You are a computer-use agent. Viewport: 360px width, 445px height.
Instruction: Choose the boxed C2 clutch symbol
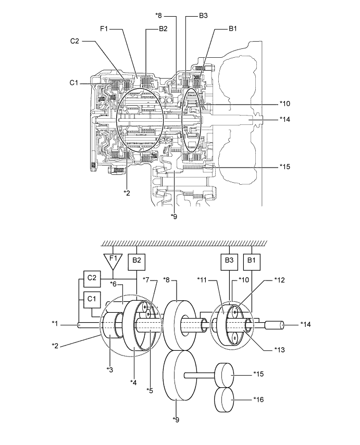coord(91,278)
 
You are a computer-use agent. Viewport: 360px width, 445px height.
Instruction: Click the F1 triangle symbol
coord(113,259)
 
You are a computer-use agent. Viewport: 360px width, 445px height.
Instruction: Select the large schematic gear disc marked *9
coord(178,374)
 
